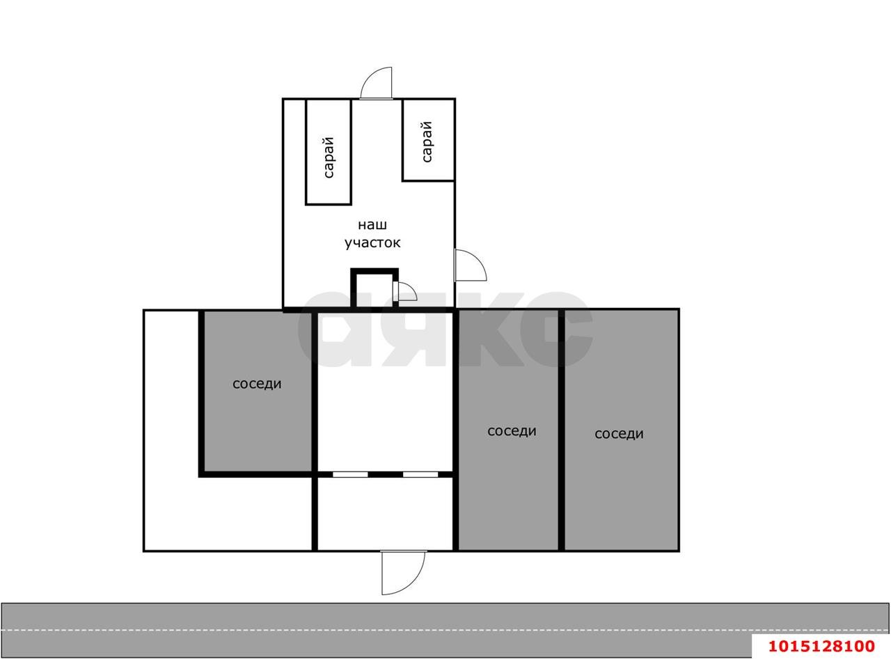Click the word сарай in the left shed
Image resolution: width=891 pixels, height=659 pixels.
tap(329, 157)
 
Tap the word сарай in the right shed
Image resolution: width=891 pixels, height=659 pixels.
tap(427, 141)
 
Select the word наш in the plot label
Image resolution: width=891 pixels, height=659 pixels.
tap(372, 225)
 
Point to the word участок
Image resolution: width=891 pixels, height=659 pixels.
tap(372, 243)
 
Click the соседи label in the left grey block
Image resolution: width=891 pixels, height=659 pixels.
tap(257, 384)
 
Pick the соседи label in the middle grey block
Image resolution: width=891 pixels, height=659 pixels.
tap(512, 431)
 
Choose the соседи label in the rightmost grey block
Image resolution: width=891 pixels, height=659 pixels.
tap(619, 434)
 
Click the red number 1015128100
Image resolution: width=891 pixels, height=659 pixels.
tap(821, 646)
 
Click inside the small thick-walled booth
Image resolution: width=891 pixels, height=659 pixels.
tap(374, 290)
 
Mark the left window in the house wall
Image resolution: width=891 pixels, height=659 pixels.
tap(350, 474)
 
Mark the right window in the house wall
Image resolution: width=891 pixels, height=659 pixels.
tap(420, 474)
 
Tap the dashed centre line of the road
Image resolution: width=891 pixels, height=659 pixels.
tap(445, 630)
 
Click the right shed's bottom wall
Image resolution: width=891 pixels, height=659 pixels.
tap(428, 180)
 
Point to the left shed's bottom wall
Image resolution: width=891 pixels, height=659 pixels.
tap(329, 204)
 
